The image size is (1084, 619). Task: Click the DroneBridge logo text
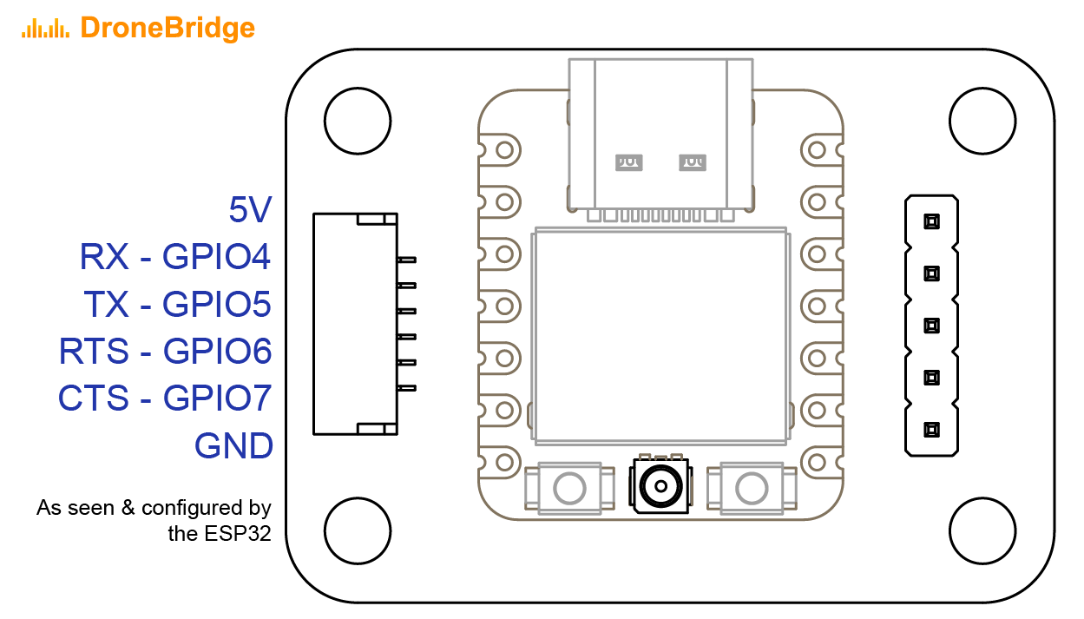pyautogui.click(x=168, y=28)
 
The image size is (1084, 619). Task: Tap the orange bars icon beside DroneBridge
pyautogui.click(x=45, y=29)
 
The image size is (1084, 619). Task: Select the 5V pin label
pyautogui.click(x=250, y=210)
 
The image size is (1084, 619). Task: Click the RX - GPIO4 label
pyautogui.click(x=175, y=257)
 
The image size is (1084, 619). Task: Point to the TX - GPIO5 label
pyautogui.click(x=177, y=304)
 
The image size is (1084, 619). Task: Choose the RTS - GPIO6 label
pyautogui.click(x=165, y=352)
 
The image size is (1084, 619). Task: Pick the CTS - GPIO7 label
pyautogui.click(x=165, y=398)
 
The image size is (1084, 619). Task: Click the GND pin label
pyautogui.click(x=233, y=446)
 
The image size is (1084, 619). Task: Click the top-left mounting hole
pyautogui.click(x=357, y=121)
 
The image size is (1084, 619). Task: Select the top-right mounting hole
pyautogui.click(x=982, y=121)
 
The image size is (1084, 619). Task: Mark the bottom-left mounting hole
pyautogui.click(x=357, y=530)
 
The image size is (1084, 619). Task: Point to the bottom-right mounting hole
pyautogui.click(x=982, y=530)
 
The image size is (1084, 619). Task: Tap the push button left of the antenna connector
pyautogui.click(x=569, y=488)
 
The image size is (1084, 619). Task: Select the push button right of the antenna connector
pyautogui.click(x=752, y=488)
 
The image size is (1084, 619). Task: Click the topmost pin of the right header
pyautogui.click(x=931, y=221)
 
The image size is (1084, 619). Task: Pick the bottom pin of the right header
pyautogui.click(x=931, y=429)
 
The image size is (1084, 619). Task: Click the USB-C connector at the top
pyautogui.click(x=660, y=135)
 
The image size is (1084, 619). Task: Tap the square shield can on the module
pyautogui.click(x=661, y=334)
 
